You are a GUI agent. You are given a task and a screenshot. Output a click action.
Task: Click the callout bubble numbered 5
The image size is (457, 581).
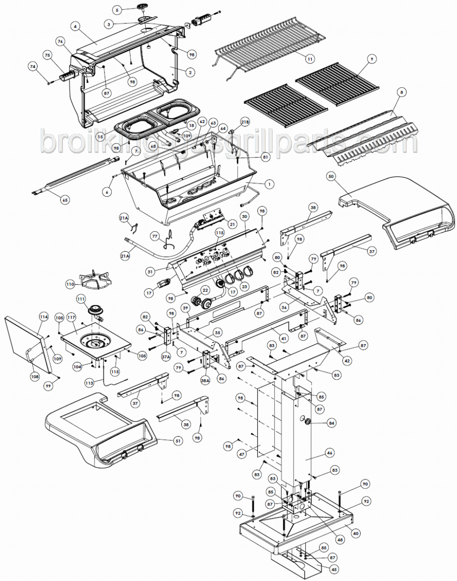[117, 10]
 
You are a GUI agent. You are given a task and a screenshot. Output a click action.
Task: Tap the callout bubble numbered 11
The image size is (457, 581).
[309, 59]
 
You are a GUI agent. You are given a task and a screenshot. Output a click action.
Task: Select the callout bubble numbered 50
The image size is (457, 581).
[331, 176]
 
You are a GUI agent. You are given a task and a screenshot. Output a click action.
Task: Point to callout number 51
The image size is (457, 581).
[178, 441]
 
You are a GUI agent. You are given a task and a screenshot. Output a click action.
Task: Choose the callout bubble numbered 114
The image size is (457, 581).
[44, 316]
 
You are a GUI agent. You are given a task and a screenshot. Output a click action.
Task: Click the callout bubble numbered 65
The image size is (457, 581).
[65, 200]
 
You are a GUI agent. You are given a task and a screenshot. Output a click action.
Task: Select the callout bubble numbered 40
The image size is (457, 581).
[355, 533]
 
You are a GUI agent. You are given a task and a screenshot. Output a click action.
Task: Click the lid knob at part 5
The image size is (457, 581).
[140, 7]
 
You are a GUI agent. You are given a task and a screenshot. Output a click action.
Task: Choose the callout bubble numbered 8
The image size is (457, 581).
[402, 92]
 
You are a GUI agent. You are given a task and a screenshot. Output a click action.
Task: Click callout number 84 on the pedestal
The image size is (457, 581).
[332, 422]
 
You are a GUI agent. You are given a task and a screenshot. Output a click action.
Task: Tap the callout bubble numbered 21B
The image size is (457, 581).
[245, 122]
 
